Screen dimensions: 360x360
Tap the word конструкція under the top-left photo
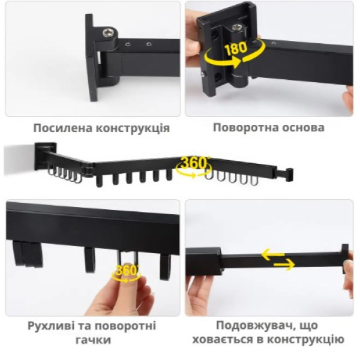pos(133,128)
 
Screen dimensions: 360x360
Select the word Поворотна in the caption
pos(245,128)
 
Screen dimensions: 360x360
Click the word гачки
pos(93,340)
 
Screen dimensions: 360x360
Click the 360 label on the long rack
pos(194,163)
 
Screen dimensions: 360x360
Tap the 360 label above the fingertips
pos(126,270)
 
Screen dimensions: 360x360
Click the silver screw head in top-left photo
pos(109,32)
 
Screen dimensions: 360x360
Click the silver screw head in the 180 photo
pos(236,28)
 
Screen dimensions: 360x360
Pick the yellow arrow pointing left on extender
pos(273,254)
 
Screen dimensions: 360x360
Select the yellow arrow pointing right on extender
pos(284,265)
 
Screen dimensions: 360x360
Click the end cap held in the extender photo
pos(345,259)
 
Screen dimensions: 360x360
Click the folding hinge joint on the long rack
pos(88,169)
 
